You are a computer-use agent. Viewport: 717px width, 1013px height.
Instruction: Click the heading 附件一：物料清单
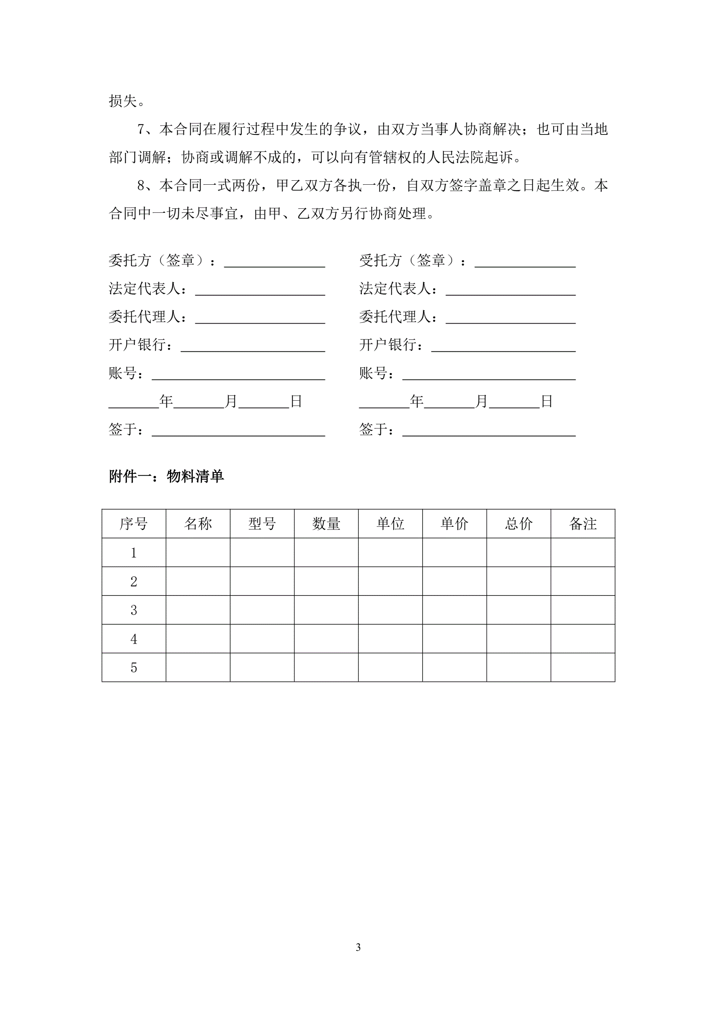166,477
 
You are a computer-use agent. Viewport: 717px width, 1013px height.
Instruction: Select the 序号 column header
133,524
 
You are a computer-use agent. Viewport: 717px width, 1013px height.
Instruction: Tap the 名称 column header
198,524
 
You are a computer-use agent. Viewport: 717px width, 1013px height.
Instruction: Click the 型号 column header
262,524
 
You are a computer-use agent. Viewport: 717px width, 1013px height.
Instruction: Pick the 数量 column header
326,524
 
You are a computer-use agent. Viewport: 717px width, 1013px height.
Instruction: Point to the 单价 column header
454,524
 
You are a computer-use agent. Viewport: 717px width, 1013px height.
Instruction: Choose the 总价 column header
519,524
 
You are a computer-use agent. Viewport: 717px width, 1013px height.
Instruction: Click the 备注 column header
583,524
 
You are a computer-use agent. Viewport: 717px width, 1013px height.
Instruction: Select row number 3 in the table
134,610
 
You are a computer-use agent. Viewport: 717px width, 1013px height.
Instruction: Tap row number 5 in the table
134,668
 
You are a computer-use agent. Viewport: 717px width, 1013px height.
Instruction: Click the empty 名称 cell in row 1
198,552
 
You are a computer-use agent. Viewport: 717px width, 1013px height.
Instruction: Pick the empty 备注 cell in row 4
583,639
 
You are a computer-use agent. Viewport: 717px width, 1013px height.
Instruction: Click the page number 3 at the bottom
358,947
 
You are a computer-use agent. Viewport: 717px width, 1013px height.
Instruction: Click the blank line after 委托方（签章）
274,263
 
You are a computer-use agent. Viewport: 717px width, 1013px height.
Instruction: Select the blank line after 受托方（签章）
525,263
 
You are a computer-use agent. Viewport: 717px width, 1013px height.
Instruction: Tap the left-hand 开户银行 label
137,345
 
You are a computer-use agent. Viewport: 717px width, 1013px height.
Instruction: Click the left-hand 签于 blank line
239,432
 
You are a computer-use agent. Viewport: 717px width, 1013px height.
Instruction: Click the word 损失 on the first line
123,101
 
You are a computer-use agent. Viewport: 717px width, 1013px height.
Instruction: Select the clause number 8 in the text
141,185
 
